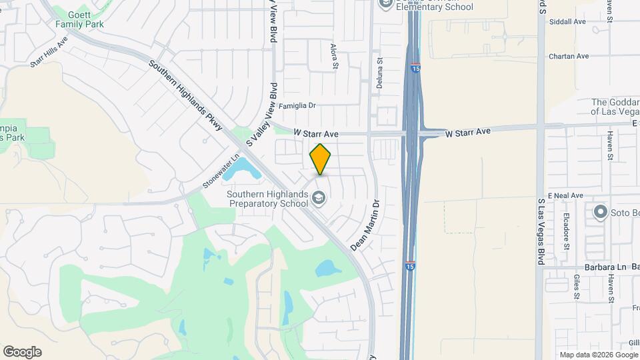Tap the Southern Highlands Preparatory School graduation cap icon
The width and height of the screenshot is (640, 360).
click(x=319, y=197)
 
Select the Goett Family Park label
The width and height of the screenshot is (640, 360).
click(x=79, y=19)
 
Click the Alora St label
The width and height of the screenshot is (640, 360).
click(x=335, y=56)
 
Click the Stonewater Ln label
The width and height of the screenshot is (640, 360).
click(x=221, y=172)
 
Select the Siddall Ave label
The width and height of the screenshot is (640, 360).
click(x=567, y=21)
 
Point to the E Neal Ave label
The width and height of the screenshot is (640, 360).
click(x=565, y=195)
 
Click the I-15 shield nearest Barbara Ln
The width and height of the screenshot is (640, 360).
click(x=411, y=265)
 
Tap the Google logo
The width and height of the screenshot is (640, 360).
click(x=22, y=352)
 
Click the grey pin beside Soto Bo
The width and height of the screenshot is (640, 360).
click(x=600, y=213)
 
